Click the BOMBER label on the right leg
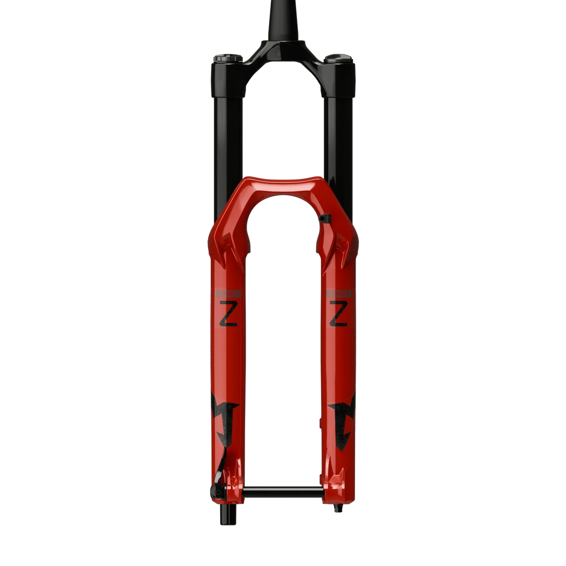[x=338, y=293]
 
